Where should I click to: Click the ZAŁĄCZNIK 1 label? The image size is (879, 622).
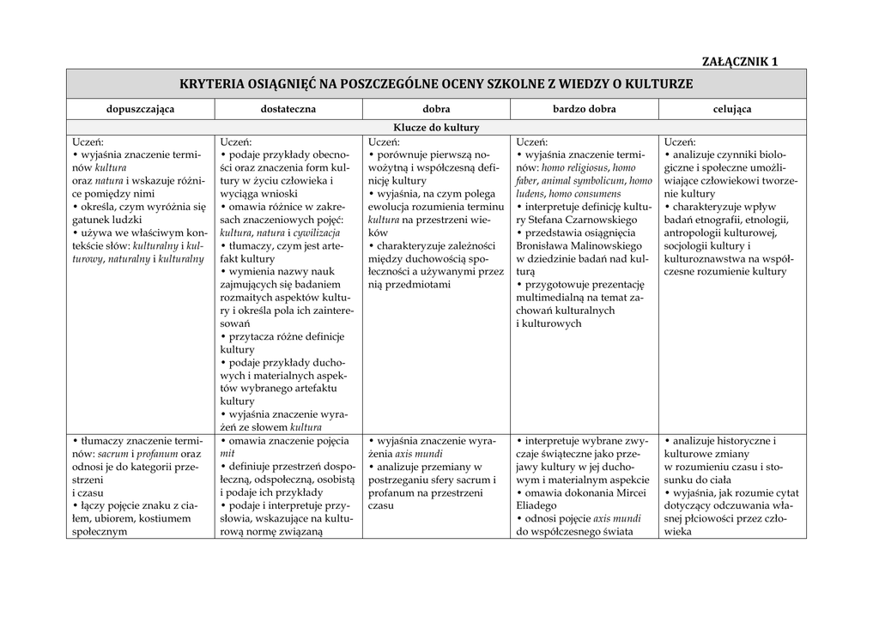click(739, 61)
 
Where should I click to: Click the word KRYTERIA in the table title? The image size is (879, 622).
click(212, 84)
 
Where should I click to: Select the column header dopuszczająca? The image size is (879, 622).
click(140, 109)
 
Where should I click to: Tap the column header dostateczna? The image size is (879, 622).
click(288, 109)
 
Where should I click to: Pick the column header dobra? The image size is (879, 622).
click(436, 109)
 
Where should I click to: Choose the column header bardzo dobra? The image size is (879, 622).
click(584, 109)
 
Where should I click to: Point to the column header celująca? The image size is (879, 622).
click(732, 109)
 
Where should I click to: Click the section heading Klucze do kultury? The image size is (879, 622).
click(436, 128)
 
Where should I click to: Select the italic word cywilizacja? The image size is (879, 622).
click(317, 232)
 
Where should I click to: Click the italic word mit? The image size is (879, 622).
click(227, 454)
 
